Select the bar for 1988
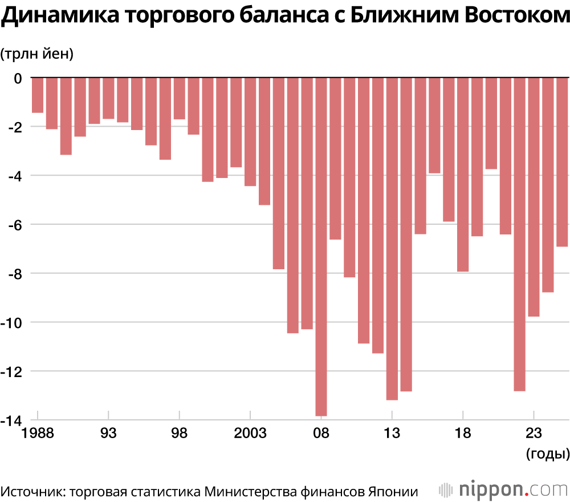coord(38,95)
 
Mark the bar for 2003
coord(250,131)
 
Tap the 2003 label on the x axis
coord(250,434)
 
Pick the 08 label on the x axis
coord(321,434)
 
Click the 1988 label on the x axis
coord(38,434)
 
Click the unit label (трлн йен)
coord(37,54)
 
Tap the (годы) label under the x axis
coord(546,455)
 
